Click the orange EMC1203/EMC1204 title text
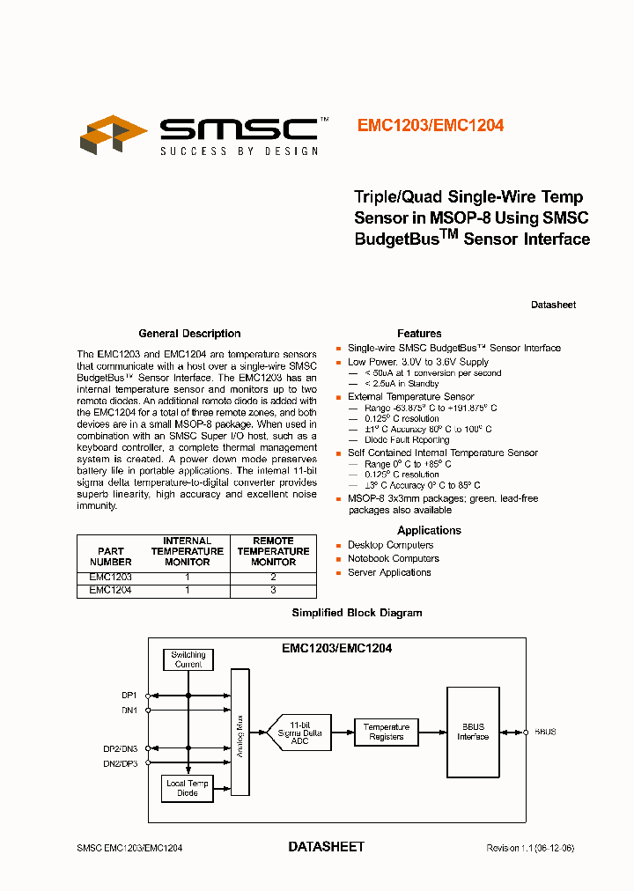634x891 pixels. pyautogui.click(x=430, y=126)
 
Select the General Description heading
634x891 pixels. pyautogui.click(x=189, y=334)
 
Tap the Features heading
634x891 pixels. pyautogui.click(x=419, y=334)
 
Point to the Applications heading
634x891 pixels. pyautogui.click(x=429, y=530)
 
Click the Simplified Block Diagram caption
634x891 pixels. pyautogui.click(x=357, y=613)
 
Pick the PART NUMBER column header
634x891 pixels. pyautogui.click(x=111, y=556)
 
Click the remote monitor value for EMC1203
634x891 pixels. pyautogui.click(x=273, y=576)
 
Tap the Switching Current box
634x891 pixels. pyautogui.click(x=188, y=659)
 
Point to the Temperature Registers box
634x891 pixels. pyautogui.click(x=387, y=732)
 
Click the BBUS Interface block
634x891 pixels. pyautogui.click(x=473, y=732)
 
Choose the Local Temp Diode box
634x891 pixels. pyautogui.click(x=188, y=788)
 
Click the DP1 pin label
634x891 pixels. pyautogui.click(x=129, y=695)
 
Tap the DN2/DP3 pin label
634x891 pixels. pyautogui.click(x=124, y=763)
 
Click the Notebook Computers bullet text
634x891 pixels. pyautogui.click(x=393, y=558)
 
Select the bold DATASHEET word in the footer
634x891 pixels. pyautogui.click(x=326, y=847)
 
